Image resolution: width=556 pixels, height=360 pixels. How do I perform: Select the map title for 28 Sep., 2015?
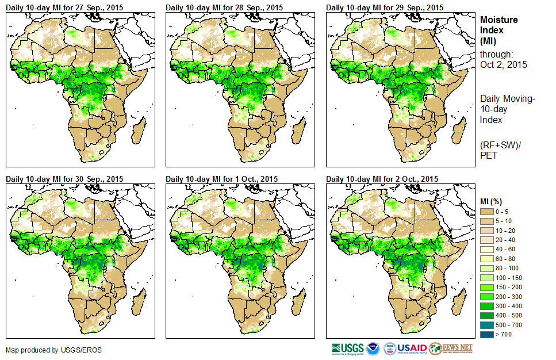pos(224,7)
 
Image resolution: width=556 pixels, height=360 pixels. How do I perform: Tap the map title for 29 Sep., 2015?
pos(385,7)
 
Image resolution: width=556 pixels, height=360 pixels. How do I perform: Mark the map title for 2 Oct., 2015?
pos(382,179)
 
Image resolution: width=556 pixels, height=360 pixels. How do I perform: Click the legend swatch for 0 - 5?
pos(488,212)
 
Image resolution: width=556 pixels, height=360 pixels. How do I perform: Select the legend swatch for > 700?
pos(488,334)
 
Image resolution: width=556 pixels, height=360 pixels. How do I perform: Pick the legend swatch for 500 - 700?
pos(488,325)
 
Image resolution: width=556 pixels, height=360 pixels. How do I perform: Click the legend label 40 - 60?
pos(507,250)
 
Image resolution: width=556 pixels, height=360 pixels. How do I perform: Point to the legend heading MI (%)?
pos(493,201)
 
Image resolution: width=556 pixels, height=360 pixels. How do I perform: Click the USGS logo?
pos(347,348)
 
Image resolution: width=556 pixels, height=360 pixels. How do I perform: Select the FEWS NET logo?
pos(451,348)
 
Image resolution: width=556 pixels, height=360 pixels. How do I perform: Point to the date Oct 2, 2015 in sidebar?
pos(504,64)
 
